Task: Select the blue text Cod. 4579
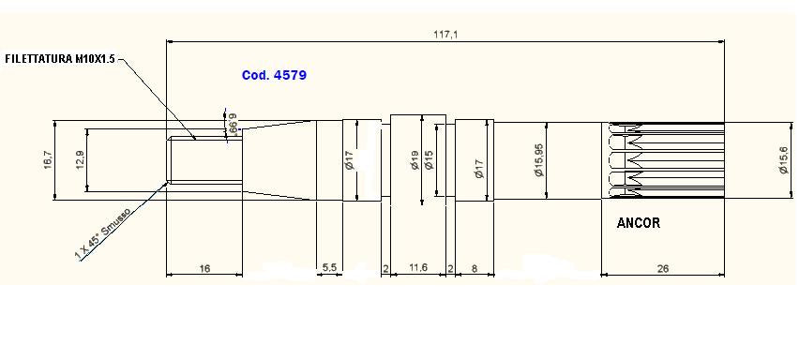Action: [274, 74]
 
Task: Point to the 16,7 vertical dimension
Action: [48, 159]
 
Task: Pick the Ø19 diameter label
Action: [415, 161]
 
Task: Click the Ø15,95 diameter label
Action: [538, 159]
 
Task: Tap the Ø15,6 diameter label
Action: [783, 159]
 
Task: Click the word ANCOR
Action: [638, 224]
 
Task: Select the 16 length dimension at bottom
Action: [204, 268]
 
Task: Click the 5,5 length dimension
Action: [329, 268]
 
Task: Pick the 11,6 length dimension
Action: [418, 268]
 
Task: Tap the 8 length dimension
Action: [475, 268]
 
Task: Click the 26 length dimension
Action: [663, 268]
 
